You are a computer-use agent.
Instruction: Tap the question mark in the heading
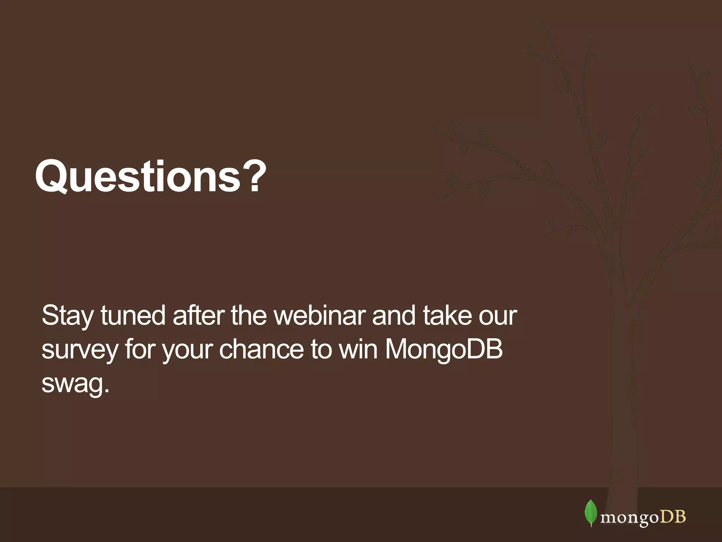pos(255,176)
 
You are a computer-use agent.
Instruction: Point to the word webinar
pos(319,315)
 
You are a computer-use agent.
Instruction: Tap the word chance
pos(261,349)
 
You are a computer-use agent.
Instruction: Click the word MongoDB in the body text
pos(443,349)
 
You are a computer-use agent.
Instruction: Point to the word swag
pos(72,384)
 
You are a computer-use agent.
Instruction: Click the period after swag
pos(107,390)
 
